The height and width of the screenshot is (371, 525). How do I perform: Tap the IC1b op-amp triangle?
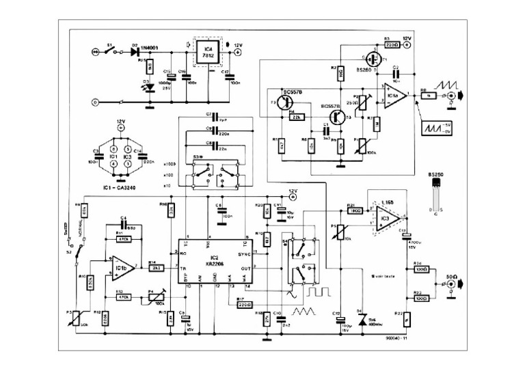[122, 264]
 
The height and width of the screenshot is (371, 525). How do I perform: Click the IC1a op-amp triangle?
[394, 94]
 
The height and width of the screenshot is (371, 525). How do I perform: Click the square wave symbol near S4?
[319, 292]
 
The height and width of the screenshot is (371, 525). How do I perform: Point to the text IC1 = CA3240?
[113, 187]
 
